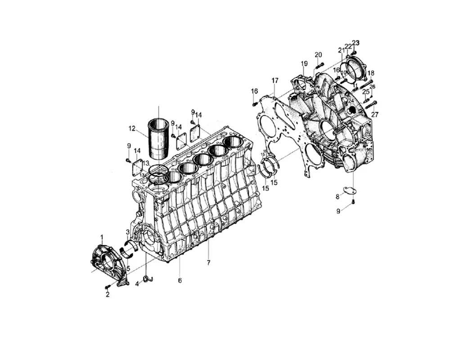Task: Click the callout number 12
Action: click(x=132, y=128)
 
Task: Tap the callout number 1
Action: click(x=102, y=236)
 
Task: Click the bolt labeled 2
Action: click(x=108, y=287)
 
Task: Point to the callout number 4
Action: click(x=137, y=283)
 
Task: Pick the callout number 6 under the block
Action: click(x=180, y=280)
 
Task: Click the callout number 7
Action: click(x=209, y=262)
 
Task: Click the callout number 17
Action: click(x=275, y=81)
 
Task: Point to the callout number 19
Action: click(x=304, y=63)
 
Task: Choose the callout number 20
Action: click(x=318, y=54)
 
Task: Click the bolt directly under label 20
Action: click(x=319, y=67)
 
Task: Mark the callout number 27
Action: click(x=375, y=114)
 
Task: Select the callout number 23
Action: click(x=355, y=43)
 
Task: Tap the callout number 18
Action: click(x=370, y=73)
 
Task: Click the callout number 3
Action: click(x=128, y=232)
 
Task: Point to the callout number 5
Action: click(x=128, y=269)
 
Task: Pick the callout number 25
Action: click(x=365, y=92)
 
